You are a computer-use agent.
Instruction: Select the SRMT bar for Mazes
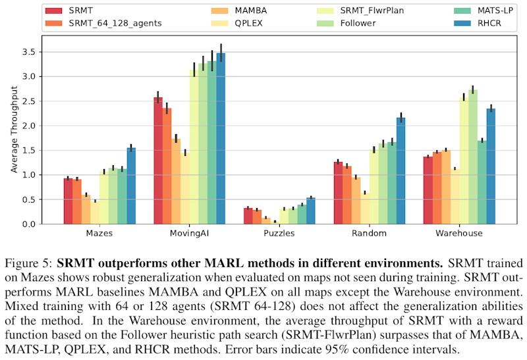pos(69,201)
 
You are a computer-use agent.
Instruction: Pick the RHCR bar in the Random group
pos(401,170)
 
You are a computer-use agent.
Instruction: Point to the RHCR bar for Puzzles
pos(311,211)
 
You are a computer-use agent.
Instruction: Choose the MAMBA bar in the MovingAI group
pos(176,181)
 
